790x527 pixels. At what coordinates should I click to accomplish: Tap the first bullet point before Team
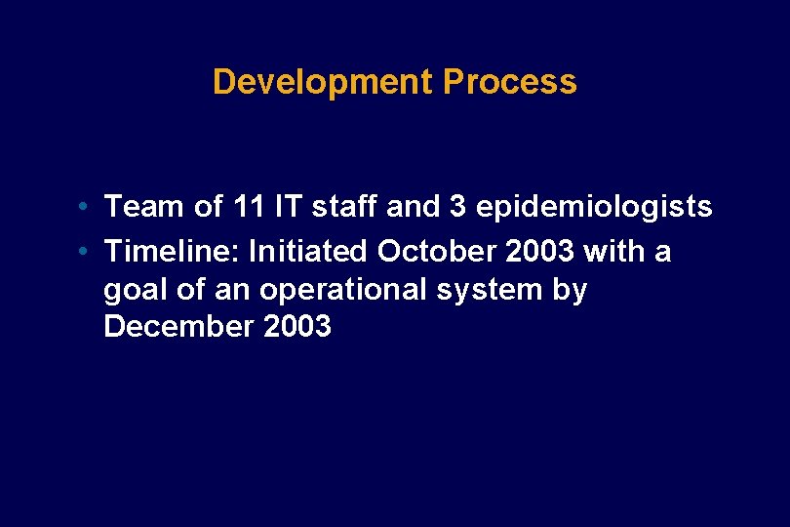point(87,207)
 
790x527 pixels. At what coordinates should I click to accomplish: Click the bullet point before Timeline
point(87,252)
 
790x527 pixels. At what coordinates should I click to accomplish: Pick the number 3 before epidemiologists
point(456,207)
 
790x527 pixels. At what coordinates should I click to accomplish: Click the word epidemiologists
point(594,208)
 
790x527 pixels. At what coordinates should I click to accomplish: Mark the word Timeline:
point(173,252)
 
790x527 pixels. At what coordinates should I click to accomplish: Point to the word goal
point(134,291)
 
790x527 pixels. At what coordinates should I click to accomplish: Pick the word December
point(178,327)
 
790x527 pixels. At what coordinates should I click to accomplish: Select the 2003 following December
point(297,327)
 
